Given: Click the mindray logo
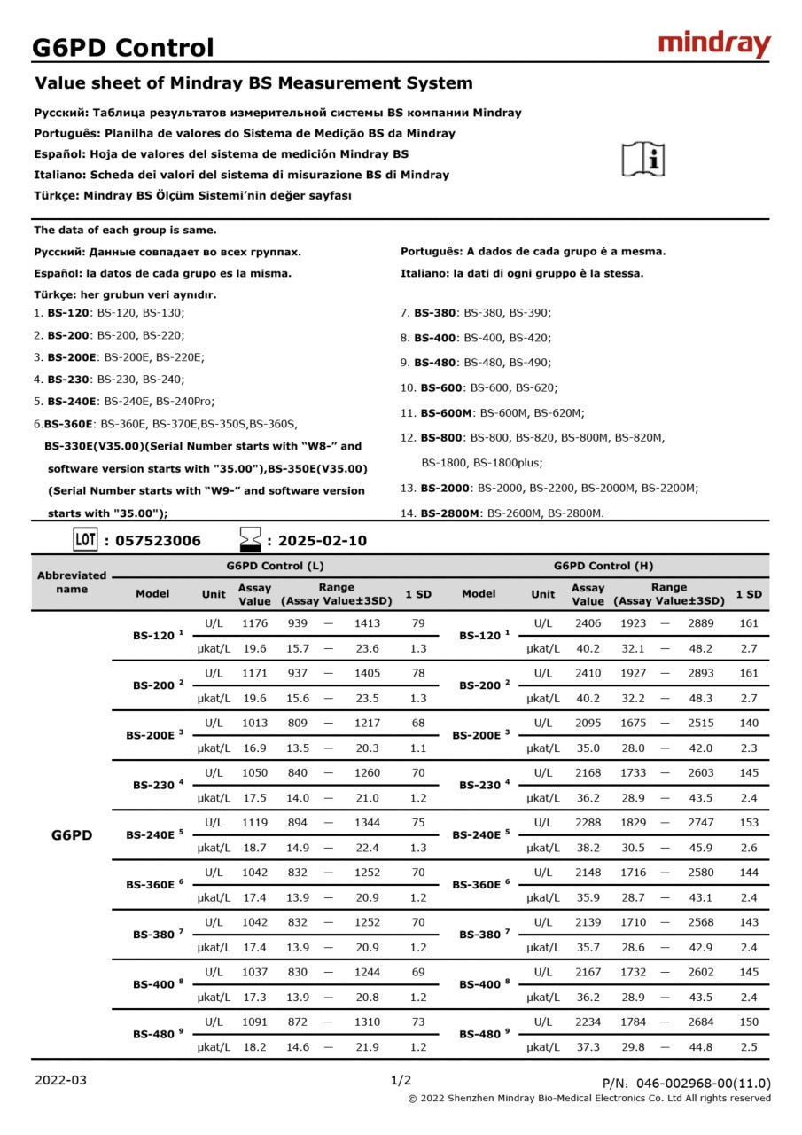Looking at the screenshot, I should tap(714, 44).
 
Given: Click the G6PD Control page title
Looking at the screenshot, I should tap(123, 47).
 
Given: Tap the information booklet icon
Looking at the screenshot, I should tap(643, 159).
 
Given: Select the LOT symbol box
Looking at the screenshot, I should tap(85, 539).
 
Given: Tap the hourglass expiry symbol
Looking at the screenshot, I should tap(251, 539).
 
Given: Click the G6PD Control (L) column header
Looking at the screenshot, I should tap(275, 566).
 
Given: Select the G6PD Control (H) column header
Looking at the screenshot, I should tap(603, 566).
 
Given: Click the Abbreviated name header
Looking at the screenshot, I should tap(72, 582).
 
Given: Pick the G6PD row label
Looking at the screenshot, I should tap(72, 834).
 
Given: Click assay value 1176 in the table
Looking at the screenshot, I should tap(254, 623).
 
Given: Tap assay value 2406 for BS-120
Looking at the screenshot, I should tap(588, 623).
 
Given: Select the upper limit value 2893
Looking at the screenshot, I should tap(700, 673).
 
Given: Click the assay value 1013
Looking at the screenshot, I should tap(254, 723).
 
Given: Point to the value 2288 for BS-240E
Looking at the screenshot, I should tap(588, 822).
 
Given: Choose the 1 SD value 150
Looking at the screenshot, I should tap(749, 1021).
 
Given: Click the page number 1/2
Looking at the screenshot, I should tap(401, 1080).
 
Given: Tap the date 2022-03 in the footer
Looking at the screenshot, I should tap(61, 1080).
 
